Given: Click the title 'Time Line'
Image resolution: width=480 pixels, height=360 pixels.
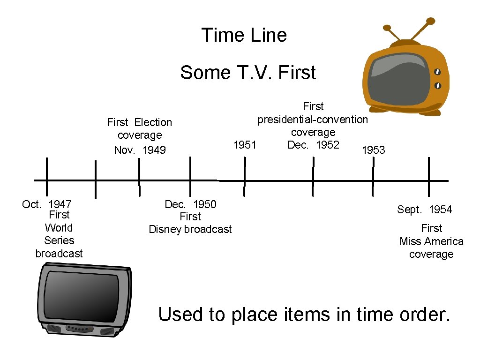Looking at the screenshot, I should pyautogui.click(x=244, y=35).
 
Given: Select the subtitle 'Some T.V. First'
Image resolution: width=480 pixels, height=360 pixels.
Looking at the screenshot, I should pyautogui.click(x=248, y=73).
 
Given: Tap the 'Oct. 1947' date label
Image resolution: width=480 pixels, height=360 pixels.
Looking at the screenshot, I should pyautogui.click(x=47, y=204).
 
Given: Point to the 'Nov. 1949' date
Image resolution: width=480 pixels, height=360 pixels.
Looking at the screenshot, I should pyautogui.click(x=140, y=150).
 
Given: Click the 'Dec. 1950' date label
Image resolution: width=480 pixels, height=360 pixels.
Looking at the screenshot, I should pyautogui.click(x=190, y=204).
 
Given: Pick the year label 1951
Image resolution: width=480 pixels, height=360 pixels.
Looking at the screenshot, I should pyautogui.click(x=245, y=145).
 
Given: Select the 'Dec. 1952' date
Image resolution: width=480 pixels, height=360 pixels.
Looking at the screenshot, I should pyautogui.click(x=313, y=145).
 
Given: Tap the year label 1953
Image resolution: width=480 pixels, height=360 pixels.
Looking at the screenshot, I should pyautogui.click(x=373, y=150).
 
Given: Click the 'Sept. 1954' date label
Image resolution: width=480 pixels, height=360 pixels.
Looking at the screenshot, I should pyautogui.click(x=425, y=210).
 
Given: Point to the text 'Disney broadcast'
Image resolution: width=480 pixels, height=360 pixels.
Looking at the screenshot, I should pyautogui.click(x=190, y=229).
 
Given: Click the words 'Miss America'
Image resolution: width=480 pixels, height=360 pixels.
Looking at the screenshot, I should pyautogui.click(x=431, y=241).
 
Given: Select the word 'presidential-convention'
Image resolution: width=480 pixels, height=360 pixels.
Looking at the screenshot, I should pyautogui.click(x=313, y=120).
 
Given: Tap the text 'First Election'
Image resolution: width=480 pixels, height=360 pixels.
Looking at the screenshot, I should pyautogui.click(x=140, y=122).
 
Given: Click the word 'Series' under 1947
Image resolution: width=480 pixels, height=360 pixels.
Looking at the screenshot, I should pyautogui.click(x=59, y=240).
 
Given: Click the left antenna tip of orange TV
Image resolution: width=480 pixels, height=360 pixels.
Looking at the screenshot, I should pyautogui.click(x=387, y=28).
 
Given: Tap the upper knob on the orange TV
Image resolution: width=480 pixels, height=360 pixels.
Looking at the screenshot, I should pyautogui.click(x=438, y=72).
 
